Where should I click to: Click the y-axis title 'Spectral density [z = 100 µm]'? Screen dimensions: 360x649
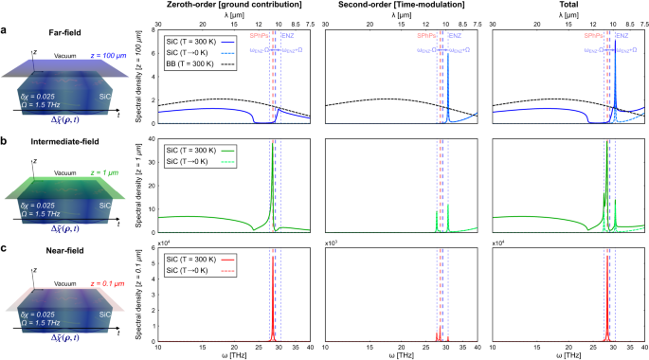[x=139, y=79]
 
